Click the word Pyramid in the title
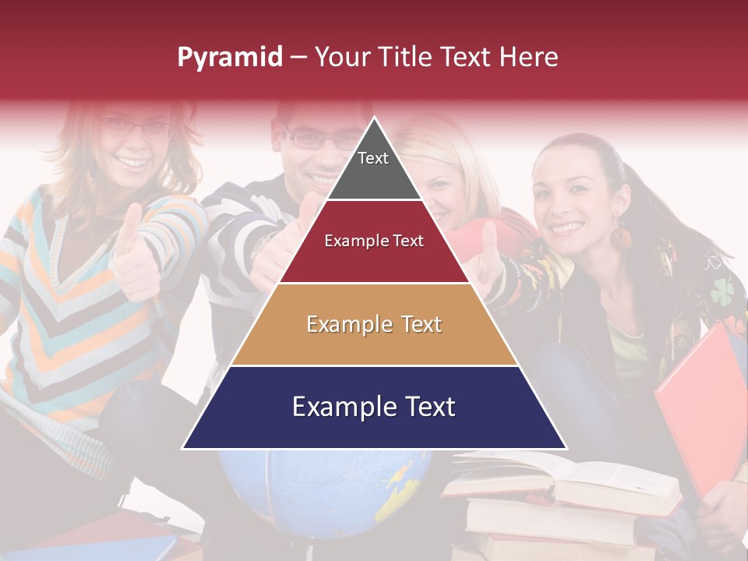229,58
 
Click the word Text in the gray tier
373,158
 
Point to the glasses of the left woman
136,125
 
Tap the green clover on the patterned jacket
722,291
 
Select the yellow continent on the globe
401,483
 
